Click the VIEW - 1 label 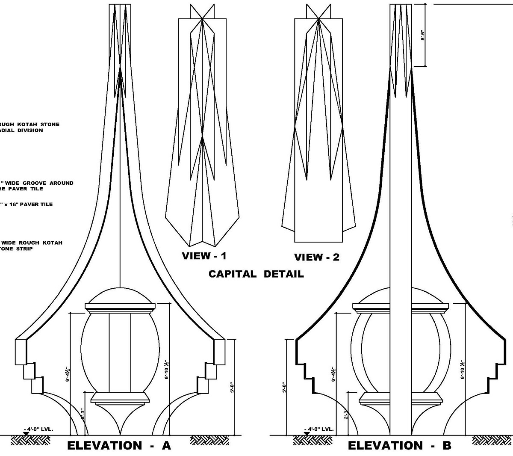click(204, 256)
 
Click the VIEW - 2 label click(316, 257)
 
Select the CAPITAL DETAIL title click(256, 274)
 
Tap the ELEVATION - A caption click(119, 446)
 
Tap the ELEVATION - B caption click(399, 446)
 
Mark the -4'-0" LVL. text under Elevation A click(41, 429)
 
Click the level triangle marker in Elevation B click(307, 434)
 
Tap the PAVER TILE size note click(27, 204)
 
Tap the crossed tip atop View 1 click(202, 18)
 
